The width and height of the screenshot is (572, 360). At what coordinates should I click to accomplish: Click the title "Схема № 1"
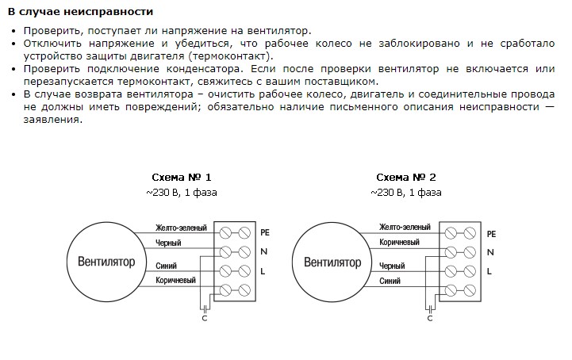[182, 177]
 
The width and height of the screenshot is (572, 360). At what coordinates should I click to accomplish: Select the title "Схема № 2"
[405, 177]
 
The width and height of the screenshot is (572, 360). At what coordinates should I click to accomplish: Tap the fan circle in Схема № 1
[106, 261]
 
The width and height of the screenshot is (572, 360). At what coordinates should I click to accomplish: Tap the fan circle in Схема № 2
[332, 261]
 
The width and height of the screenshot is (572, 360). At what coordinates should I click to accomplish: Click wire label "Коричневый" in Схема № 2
[399, 243]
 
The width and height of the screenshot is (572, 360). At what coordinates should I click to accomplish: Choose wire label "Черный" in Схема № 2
[393, 266]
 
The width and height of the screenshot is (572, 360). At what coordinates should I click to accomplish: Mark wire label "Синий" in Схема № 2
[390, 281]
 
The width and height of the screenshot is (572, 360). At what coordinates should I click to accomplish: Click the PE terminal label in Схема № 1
[265, 233]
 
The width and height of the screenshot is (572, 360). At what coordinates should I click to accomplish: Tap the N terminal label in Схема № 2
[490, 252]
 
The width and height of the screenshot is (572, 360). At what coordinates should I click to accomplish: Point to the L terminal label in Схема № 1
[263, 271]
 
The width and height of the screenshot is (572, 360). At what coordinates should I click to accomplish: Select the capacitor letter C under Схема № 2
[429, 319]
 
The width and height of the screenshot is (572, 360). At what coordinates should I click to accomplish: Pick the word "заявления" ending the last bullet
[52, 119]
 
